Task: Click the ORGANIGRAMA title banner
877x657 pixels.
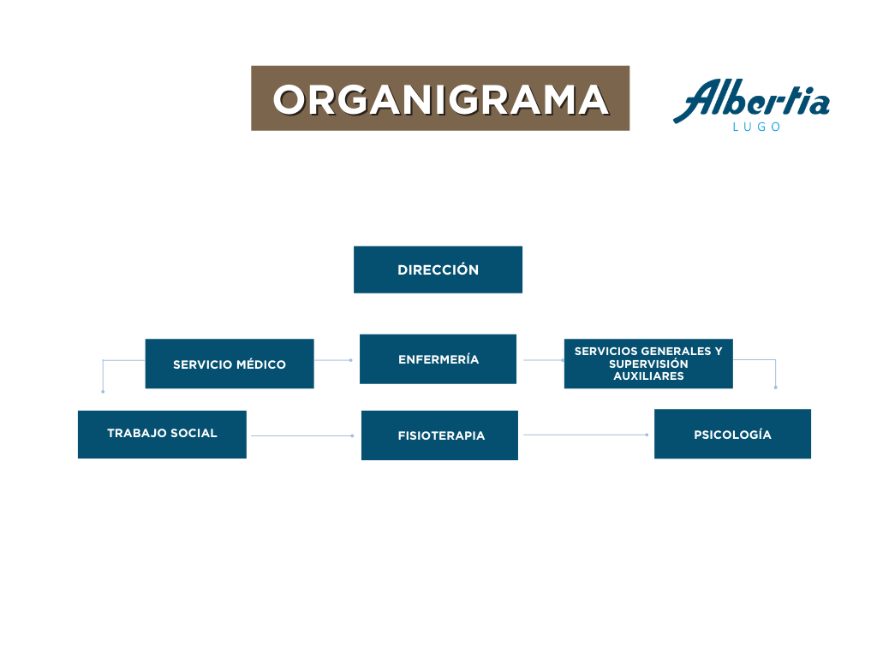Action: click(x=440, y=98)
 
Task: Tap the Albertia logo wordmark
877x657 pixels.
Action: click(x=751, y=100)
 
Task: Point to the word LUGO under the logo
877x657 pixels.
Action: click(x=757, y=127)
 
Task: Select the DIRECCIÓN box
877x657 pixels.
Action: click(x=438, y=269)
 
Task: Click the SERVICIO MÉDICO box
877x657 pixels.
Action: click(x=230, y=364)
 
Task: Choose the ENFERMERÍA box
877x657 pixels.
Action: click(x=438, y=359)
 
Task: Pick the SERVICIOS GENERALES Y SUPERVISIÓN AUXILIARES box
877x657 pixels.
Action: click(x=648, y=364)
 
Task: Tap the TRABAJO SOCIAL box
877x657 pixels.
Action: click(x=162, y=434)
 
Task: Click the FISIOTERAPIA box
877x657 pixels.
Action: click(x=439, y=435)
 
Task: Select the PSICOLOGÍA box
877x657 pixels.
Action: click(x=732, y=435)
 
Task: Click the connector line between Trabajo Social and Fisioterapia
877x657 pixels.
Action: click(x=301, y=435)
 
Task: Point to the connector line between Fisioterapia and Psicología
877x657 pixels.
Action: click(x=585, y=435)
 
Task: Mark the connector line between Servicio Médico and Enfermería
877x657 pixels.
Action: click(x=332, y=360)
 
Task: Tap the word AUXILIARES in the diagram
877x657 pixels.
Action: click(x=648, y=376)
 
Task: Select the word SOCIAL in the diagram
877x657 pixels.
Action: click(x=194, y=433)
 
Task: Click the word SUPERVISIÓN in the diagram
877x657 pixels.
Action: click(x=648, y=364)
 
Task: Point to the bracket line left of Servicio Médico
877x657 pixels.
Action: click(x=104, y=374)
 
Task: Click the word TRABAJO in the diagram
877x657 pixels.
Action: click(x=137, y=433)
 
